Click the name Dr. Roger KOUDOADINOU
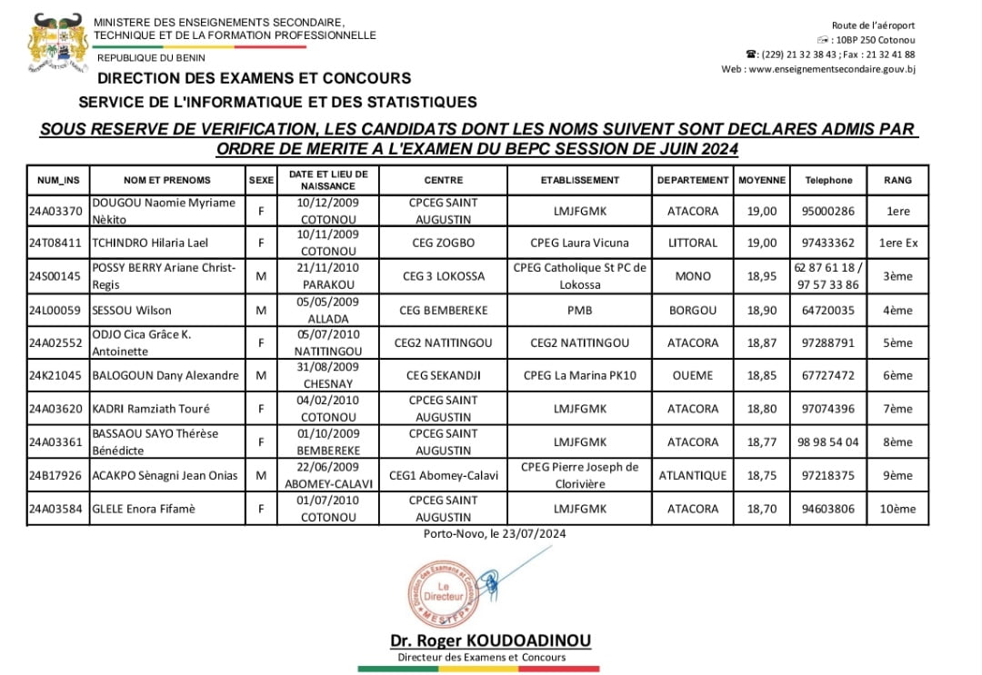tap(490, 640)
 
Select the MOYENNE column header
tap(761, 180)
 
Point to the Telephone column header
tap(828, 180)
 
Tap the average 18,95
tap(761, 276)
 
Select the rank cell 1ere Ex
tap(898, 243)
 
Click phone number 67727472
tap(828, 375)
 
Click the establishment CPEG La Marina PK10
tap(579, 375)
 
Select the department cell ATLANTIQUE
tap(693, 475)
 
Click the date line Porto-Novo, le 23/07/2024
tap(495, 533)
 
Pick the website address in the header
tap(818, 69)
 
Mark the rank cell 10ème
tap(898, 509)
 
